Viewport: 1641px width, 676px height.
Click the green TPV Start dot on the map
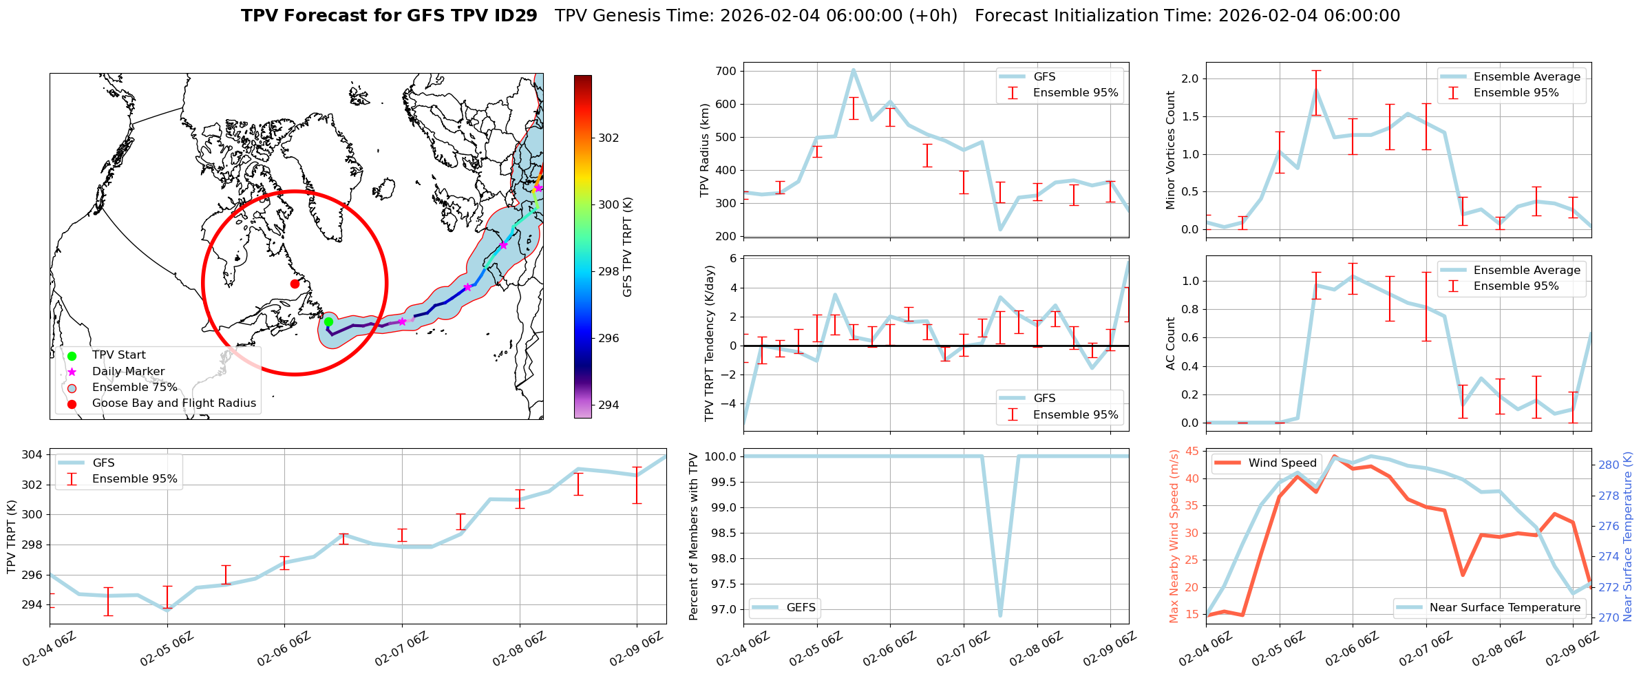point(328,321)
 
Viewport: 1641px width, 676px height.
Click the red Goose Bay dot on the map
point(295,284)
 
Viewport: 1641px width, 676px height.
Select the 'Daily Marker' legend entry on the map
point(128,372)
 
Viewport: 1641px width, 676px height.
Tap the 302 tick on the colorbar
point(608,138)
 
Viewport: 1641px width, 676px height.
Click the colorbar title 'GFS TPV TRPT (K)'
point(627,247)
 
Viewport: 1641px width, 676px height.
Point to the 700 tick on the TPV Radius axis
point(727,71)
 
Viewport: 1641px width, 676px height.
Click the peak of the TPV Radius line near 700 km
point(854,70)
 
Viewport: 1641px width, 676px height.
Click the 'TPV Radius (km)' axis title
point(704,150)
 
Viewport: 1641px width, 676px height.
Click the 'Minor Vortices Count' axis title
point(1171,150)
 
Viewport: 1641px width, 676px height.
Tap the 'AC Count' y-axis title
point(1171,344)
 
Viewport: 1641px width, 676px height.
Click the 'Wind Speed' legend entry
point(1282,463)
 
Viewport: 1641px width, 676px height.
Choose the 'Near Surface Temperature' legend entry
point(1505,608)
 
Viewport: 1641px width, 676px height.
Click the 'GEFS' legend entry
point(801,608)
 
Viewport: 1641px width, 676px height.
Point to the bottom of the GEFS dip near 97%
point(1000,615)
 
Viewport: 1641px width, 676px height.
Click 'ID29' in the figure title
point(517,16)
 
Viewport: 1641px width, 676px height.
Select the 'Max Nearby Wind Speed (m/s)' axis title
point(1174,536)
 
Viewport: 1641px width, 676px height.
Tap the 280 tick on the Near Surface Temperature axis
point(1609,465)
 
